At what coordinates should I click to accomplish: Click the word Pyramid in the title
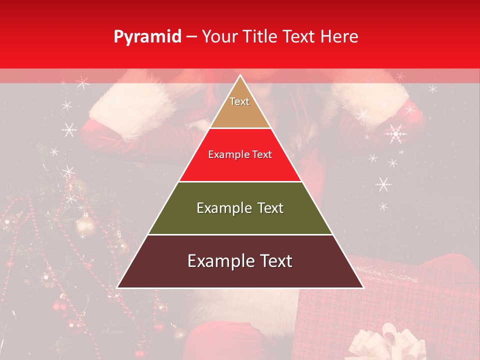(147, 37)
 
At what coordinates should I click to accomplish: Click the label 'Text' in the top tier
(239, 101)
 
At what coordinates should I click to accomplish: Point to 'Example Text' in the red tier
(240, 154)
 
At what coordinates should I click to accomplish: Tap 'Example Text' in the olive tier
(240, 208)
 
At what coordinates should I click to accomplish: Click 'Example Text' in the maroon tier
(240, 261)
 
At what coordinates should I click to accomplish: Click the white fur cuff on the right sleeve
(367, 102)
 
